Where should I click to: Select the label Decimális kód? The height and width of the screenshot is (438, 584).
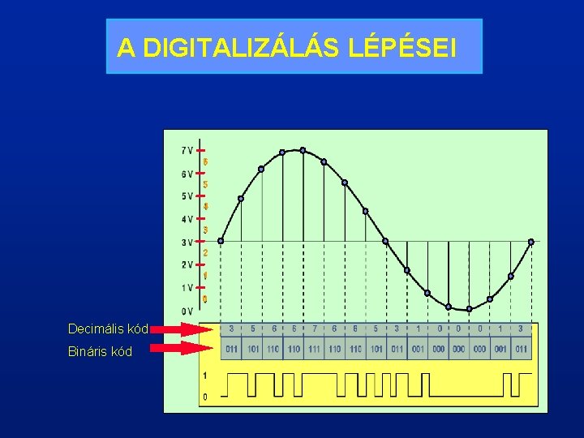[x=108, y=329]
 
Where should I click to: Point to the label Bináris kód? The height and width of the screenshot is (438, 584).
[x=100, y=352]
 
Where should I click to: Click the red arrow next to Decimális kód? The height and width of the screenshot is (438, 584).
[x=180, y=329]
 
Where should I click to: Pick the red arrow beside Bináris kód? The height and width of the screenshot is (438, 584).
[x=180, y=349]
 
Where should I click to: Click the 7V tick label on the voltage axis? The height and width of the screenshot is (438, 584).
[x=187, y=150]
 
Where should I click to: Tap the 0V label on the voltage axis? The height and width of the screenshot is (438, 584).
[x=187, y=311]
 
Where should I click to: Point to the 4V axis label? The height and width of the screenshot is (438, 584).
[x=187, y=219]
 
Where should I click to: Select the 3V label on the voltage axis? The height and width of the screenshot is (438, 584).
[x=187, y=242]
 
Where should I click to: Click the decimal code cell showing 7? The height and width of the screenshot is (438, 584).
[x=314, y=329]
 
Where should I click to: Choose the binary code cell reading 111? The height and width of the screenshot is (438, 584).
[x=314, y=349]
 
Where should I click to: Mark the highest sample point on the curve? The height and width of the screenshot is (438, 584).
[x=303, y=150]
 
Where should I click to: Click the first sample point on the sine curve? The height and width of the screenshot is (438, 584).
[x=221, y=241]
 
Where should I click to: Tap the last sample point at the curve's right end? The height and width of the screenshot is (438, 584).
[x=531, y=242]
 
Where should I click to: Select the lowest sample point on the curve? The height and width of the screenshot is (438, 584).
[x=469, y=309]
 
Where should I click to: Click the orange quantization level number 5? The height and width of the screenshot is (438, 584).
[x=205, y=185]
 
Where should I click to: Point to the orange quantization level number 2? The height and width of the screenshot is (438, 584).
[x=205, y=253]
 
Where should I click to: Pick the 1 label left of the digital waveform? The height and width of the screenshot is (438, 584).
[x=204, y=376]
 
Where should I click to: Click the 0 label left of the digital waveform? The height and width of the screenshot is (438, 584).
[x=204, y=397]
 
